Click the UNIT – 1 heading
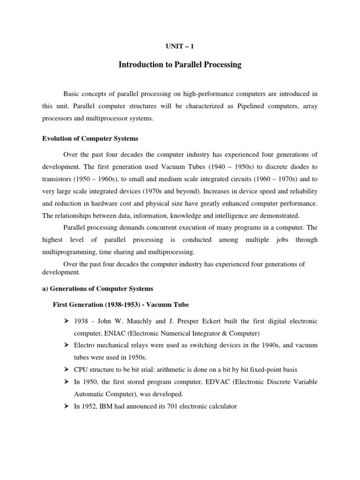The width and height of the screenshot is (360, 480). [180, 46]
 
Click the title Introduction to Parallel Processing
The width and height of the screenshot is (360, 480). [180, 65]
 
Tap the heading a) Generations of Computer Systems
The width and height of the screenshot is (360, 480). [97, 288]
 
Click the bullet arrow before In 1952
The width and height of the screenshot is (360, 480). [67, 406]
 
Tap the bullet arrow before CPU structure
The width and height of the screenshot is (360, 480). [67, 370]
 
